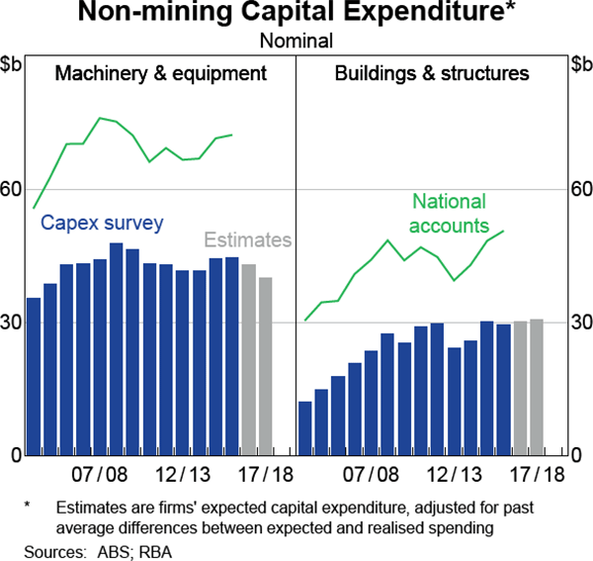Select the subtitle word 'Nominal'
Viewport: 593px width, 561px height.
click(x=296, y=41)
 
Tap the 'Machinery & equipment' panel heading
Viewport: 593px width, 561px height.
click(x=160, y=73)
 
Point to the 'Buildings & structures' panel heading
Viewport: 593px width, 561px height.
click(x=432, y=73)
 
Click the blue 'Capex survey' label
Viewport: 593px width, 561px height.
click(x=102, y=223)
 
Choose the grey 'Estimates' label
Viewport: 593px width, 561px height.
click(x=247, y=239)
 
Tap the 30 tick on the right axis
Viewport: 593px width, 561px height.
click(x=580, y=323)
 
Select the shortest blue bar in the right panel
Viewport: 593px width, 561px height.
click(x=305, y=427)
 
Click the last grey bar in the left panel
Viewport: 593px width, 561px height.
click(x=265, y=366)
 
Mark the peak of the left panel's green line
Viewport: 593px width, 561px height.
click(x=100, y=118)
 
